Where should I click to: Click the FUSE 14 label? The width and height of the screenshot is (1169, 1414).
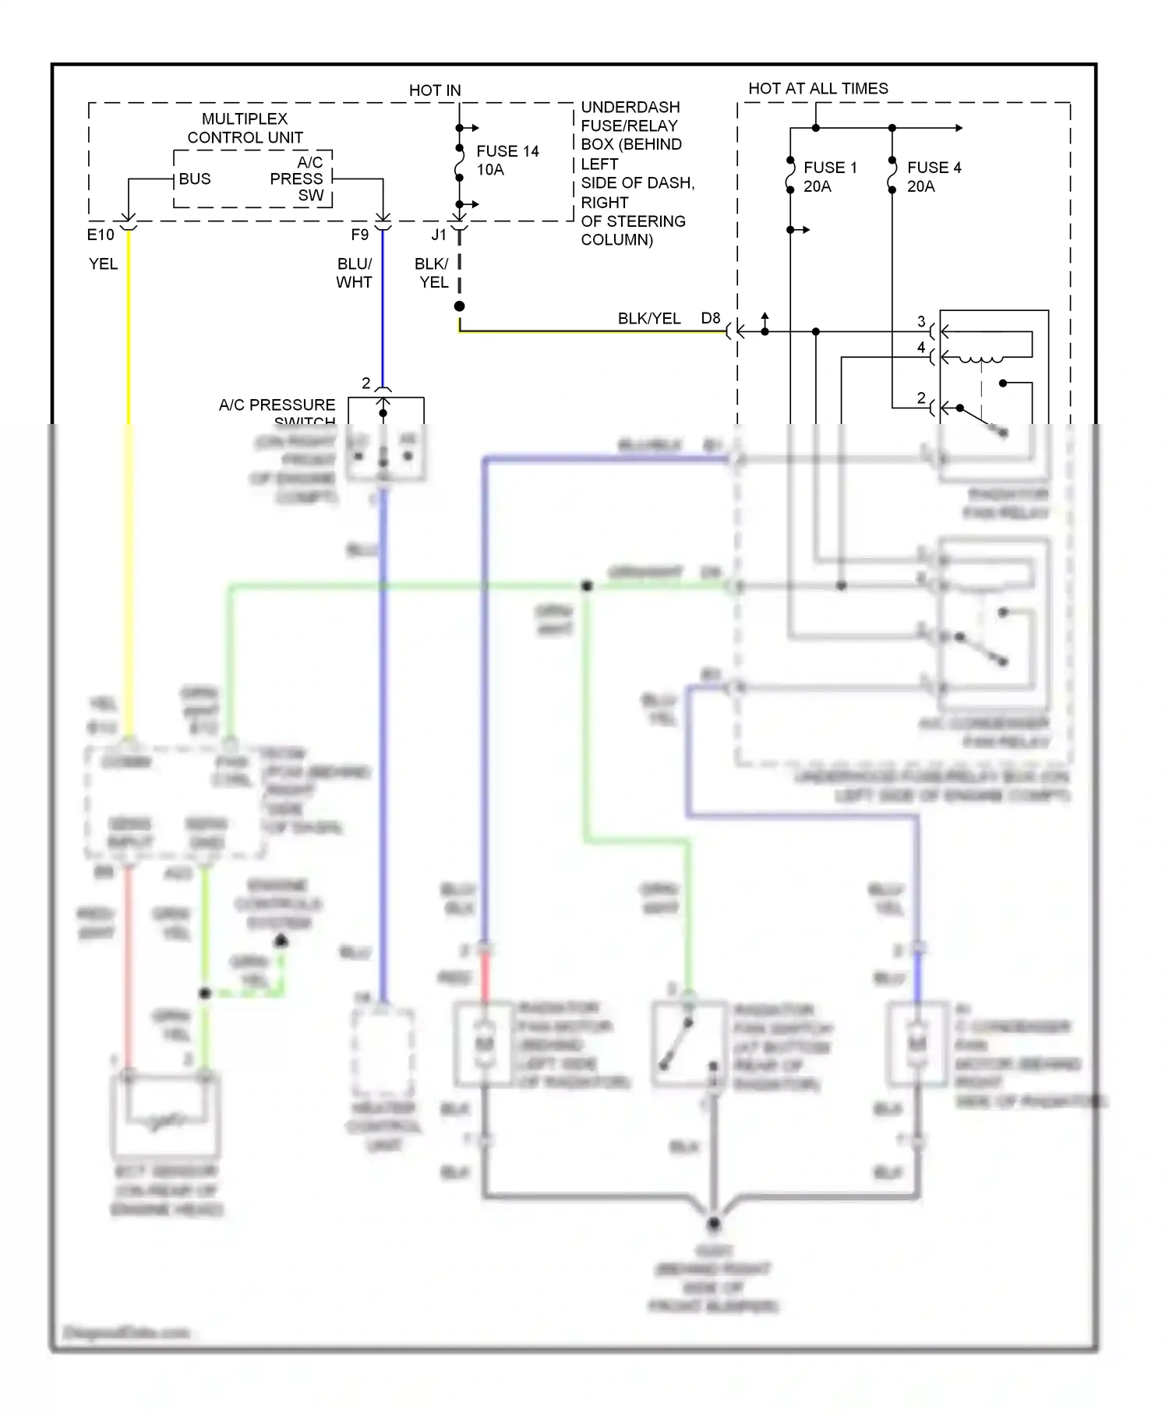(x=507, y=151)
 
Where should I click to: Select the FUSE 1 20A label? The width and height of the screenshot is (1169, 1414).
(x=829, y=177)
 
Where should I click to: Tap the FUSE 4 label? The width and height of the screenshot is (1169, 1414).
(x=934, y=168)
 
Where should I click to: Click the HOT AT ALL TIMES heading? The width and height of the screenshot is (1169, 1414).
(x=818, y=88)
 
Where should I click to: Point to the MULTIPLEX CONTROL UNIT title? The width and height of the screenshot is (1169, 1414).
(x=245, y=128)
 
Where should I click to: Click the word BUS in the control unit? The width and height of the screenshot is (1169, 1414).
(x=194, y=179)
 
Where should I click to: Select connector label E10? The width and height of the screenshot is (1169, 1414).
(x=101, y=235)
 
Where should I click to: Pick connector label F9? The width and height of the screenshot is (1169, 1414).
(x=359, y=235)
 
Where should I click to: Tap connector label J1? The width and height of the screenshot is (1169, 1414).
(x=439, y=235)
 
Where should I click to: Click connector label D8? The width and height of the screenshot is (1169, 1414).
(x=711, y=318)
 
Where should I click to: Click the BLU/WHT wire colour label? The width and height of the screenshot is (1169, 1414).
(x=354, y=273)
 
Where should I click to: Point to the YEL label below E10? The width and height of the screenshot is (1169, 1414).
(x=103, y=264)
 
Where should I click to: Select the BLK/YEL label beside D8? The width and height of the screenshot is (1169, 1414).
(x=648, y=318)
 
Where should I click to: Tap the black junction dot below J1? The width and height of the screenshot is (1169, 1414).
(x=460, y=306)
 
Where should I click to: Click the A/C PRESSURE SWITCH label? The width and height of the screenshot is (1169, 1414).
(x=277, y=405)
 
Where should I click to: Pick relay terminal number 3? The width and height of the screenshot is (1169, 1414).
(x=921, y=321)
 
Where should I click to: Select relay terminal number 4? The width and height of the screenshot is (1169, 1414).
(x=921, y=348)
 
